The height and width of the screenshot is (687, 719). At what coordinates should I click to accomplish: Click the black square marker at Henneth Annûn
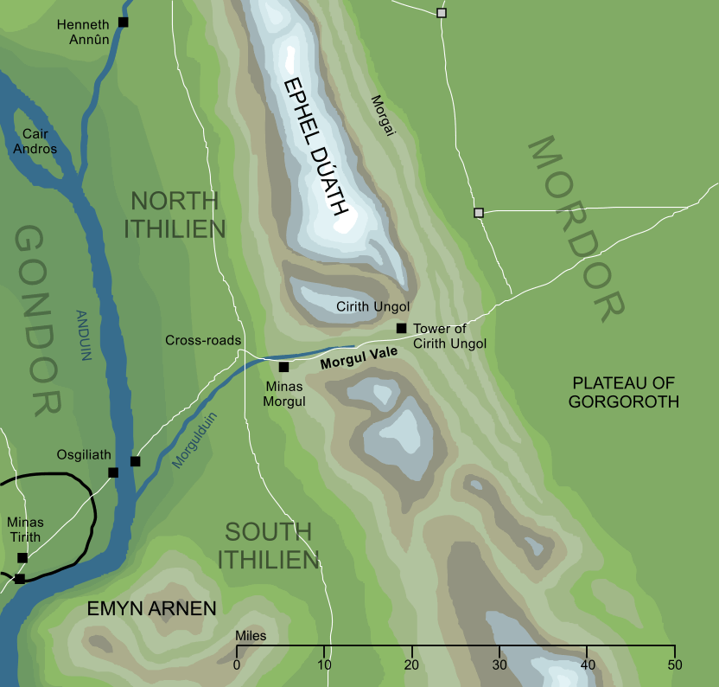123,22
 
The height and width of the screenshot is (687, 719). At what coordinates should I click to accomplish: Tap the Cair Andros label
40,142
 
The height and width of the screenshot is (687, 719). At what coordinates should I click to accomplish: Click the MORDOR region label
576,228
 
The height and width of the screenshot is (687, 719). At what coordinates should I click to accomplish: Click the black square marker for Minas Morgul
283,367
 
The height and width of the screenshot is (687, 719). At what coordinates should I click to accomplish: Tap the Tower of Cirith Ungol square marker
401,328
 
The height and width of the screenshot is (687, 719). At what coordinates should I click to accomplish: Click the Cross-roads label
203,341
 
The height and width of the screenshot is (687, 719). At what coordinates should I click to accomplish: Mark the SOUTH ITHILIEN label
268,545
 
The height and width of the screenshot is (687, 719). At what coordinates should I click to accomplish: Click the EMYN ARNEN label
151,609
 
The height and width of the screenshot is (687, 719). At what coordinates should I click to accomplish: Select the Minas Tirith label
24,530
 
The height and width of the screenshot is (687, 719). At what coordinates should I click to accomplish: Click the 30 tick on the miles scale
499,664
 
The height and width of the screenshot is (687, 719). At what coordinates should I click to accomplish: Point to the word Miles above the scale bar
251,636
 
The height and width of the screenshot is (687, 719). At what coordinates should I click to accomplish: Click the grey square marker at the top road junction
442,13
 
